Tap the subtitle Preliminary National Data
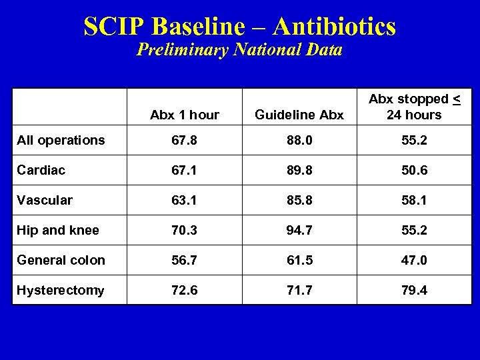[239, 50]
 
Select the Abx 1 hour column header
[185, 115]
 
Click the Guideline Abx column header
[299, 115]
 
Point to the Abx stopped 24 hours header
[415, 107]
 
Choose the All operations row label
[61, 140]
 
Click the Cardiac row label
[41, 170]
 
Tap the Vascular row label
[45, 200]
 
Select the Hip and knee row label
[58, 230]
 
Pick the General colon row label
[61, 260]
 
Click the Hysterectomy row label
[61, 290]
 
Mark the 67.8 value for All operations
[185, 140]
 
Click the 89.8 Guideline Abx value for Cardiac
[299, 170]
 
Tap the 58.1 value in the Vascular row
[415, 200]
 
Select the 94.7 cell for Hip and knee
[299, 230]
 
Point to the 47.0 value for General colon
[415, 260]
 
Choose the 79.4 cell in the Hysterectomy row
[415, 290]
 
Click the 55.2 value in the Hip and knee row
[415, 230]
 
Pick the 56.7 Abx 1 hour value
[185, 260]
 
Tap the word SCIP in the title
[114, 27]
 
